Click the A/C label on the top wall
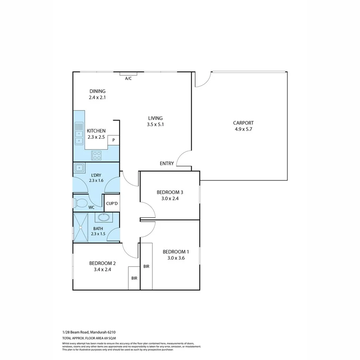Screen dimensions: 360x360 pos(128,78)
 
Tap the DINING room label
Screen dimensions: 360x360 pos(97,91)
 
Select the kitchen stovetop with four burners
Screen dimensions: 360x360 pos(97,156)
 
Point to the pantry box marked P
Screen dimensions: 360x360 pos(113,140)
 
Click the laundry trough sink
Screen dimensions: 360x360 pos(80,168)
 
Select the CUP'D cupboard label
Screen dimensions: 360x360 pos(112,203)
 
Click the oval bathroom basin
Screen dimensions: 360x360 pos(104,217)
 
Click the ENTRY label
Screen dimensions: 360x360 pos(166,163)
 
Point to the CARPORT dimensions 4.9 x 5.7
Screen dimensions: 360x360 pos(243,129)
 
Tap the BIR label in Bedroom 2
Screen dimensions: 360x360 pos(134,278)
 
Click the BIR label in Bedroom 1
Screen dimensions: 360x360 pos(146,267)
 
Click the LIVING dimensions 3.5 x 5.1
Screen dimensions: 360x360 pos(155,124)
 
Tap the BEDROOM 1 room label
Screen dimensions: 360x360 pos(176,251)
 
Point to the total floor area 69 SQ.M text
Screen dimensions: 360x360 pos(89,338)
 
